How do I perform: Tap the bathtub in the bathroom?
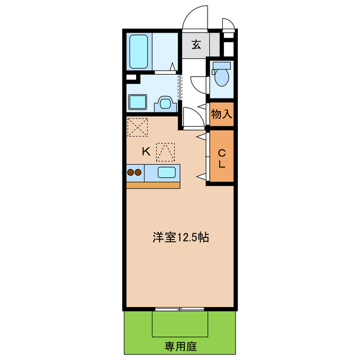138,51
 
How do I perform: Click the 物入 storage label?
221,114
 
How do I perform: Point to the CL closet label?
221,157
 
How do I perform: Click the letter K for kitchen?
145,151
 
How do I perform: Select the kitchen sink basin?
166,173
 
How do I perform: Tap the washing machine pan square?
138,102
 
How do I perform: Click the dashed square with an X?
138,127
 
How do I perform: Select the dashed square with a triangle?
165,152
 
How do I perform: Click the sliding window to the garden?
180,309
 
